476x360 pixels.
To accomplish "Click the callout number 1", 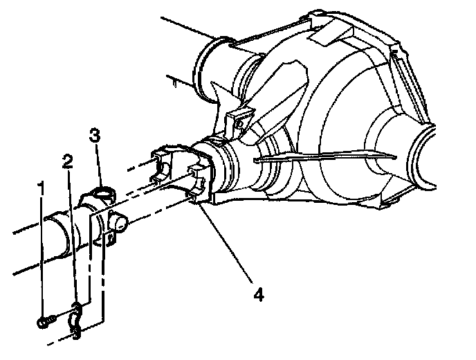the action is tap(40, 188).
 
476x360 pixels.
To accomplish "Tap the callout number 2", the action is tap(67, 161).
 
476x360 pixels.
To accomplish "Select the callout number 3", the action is tap(94, 135).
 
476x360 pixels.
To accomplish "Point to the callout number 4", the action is tap(258, 294).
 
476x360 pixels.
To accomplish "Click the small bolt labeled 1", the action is tap(46, 321).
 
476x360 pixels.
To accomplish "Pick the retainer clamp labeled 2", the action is tap(76, 321).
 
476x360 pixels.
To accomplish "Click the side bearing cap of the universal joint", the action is tap(118, 222).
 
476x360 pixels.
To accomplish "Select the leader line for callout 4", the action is tap(224, 242).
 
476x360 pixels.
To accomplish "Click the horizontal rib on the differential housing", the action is tap(324, 156).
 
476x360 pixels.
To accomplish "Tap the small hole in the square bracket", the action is tap(240, 124).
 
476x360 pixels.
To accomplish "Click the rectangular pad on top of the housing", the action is tap(330, 34).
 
